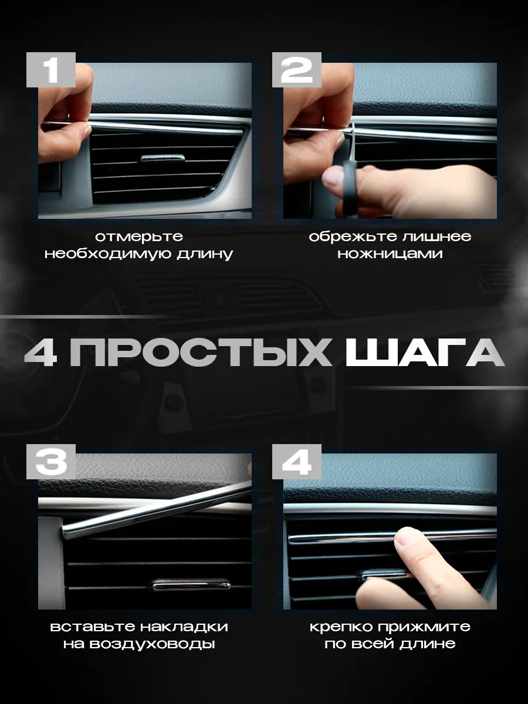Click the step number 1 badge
[x=51, y=70]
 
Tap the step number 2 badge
[x=297, y=70]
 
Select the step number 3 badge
[x=51, y=462]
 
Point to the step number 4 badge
[x=297, y=462]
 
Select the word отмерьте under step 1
[x=139, y=237]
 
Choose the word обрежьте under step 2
[x=353, y=237]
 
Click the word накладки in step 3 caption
[x=184, y=627]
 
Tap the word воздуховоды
[x=153, y=644]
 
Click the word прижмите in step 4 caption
[x=424, y=627]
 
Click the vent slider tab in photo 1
[x=163, y=158]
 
